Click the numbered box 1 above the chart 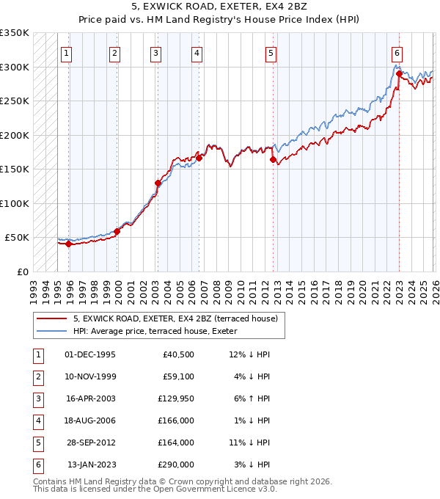(67, 53)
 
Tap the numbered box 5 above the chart (271, 53)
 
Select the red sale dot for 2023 (399, 73)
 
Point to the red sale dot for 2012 (273, 159)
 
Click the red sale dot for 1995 (68, 244)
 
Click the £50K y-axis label (17, 238)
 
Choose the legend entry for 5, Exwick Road (175, 318)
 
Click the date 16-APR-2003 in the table (90, 398)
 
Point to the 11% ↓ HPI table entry (249, 442)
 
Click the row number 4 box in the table (37, 420)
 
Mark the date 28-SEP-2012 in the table (90, 442)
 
